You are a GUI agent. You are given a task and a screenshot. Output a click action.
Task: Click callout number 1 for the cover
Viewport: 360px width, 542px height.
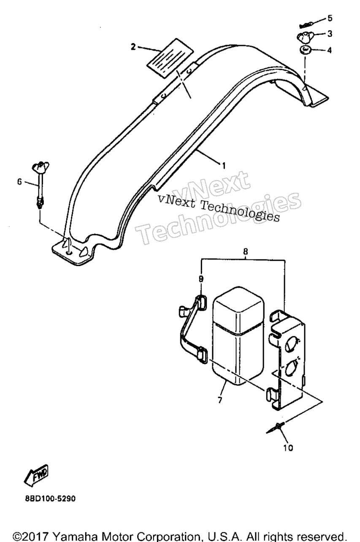click(224, 166)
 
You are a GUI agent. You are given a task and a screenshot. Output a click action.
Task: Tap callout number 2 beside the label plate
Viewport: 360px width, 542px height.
click(133, 47)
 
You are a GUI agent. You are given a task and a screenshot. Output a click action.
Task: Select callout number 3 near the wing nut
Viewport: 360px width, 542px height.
click(330, 34)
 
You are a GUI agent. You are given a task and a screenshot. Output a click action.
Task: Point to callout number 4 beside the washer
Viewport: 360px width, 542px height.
click(329, 50)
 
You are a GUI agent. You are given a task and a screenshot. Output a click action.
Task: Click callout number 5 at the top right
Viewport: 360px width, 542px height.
click(330, 18)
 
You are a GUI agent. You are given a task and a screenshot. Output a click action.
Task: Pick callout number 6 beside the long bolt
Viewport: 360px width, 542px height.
click(19, 181)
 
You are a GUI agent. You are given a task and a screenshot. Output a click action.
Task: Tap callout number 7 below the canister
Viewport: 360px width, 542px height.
click(220, 400)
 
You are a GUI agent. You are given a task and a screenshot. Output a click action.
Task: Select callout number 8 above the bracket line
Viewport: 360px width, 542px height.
click(246, 251)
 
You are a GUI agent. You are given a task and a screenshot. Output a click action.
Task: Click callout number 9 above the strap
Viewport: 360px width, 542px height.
click(201, 279)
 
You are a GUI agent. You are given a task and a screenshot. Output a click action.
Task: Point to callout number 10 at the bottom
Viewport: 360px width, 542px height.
click(288, 448)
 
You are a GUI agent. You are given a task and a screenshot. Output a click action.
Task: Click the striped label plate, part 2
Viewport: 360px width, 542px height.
click(170, 58)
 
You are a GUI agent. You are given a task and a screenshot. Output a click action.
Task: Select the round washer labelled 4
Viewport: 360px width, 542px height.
click(304, 51)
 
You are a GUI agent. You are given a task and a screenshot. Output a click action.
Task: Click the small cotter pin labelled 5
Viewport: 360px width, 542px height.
click(306, 24)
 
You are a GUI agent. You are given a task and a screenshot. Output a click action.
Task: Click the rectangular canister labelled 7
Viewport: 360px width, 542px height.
click(238, 336)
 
